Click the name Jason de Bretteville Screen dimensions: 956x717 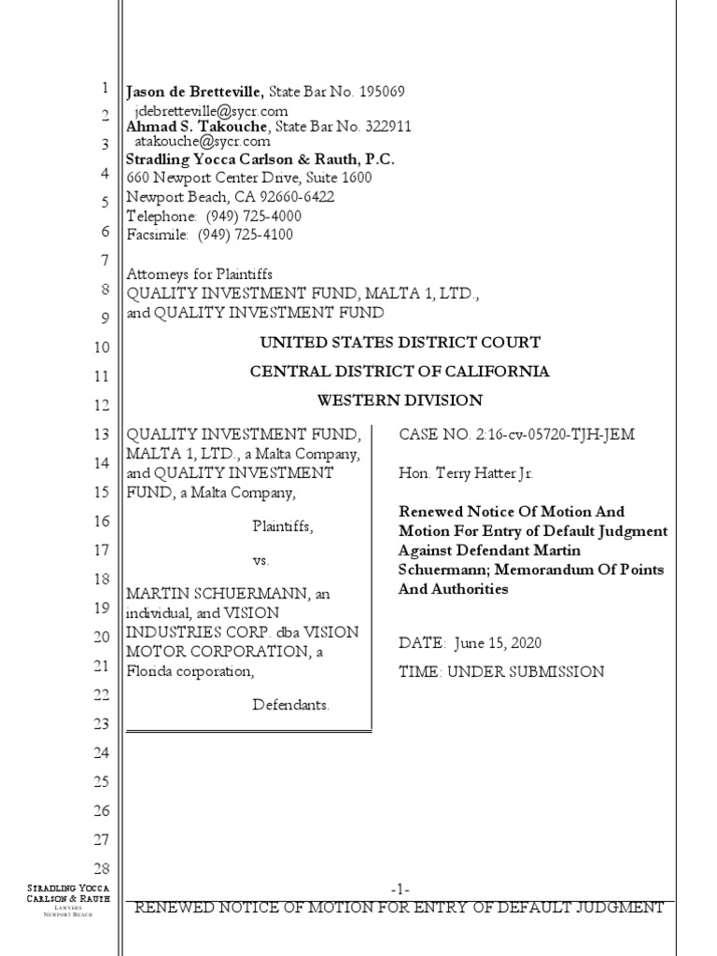tap(196, 91)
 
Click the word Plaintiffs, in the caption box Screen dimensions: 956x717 tap(283, 527)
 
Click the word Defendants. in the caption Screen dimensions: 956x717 tap(291, 705)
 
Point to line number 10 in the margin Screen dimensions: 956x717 tap(102, 347)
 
